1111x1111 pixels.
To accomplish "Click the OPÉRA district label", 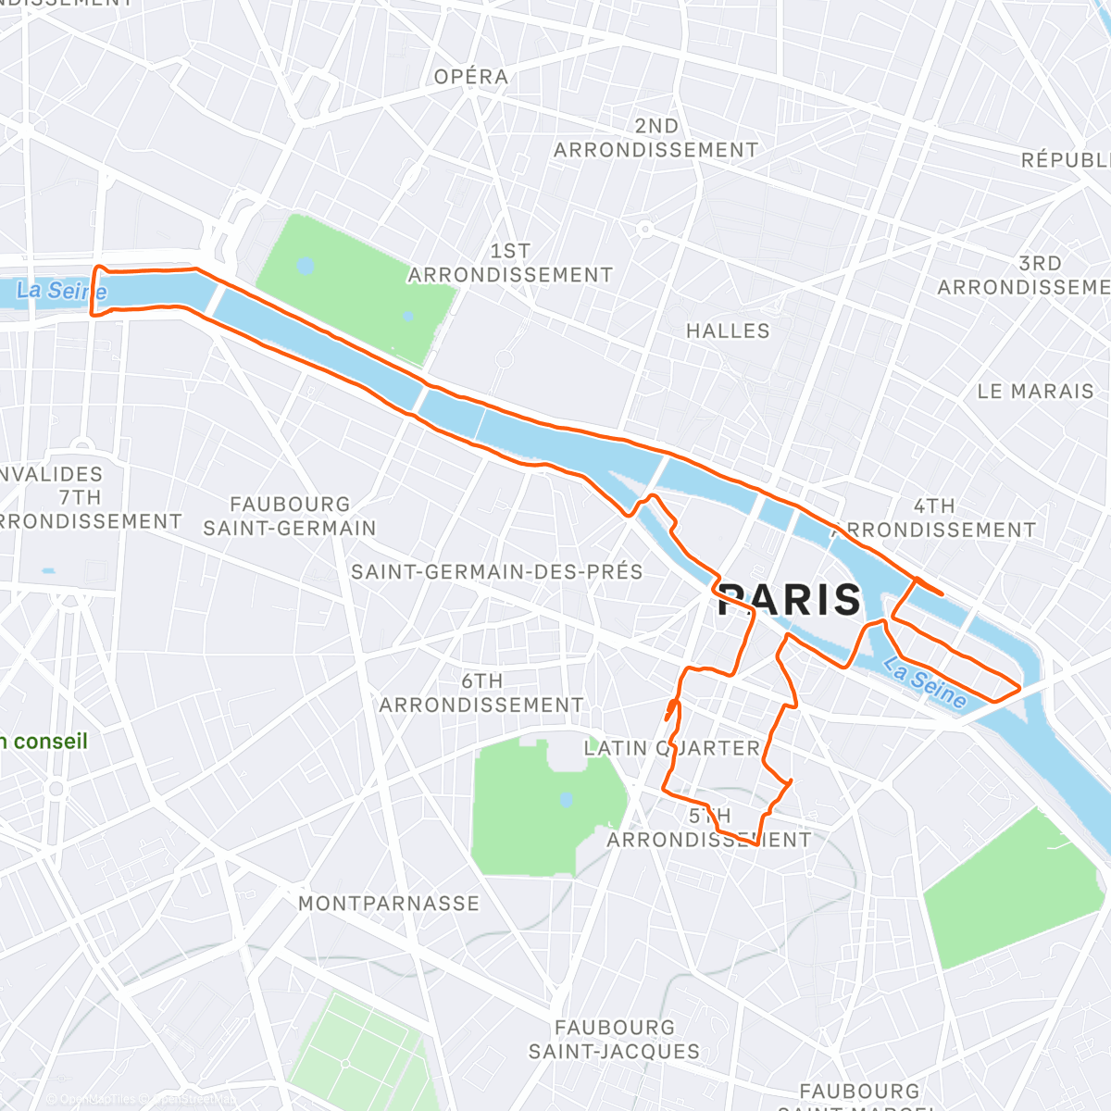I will [x=471, y=77].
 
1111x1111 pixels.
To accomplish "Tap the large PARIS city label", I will [x=790, y=600].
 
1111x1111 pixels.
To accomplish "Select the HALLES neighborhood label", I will [x=728, y=331].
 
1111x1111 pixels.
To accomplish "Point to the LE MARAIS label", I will [x=1035, y=392].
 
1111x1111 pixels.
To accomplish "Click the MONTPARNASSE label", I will [x=389, y=904].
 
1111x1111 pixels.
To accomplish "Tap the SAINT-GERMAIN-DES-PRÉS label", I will [x=496, y=572].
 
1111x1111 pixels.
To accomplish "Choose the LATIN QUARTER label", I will [x=671, y=748].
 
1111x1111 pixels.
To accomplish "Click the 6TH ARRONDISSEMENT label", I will [x=481, y=693].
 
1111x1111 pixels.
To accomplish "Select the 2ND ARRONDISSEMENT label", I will [x=656, y=138].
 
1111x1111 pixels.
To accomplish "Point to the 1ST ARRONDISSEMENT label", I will [x=510, y=263].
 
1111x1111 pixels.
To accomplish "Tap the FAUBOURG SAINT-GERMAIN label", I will [x=290, y=517].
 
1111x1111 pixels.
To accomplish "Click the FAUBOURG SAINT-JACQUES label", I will [x=614, y=1040].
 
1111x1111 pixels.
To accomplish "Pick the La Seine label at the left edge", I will [x=61, y=291].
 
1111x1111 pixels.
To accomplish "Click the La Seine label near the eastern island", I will [x=924, y=682].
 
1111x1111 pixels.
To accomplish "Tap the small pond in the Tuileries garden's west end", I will [x=306, y=267].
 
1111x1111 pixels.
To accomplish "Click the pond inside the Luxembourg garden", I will [x=566, y=799].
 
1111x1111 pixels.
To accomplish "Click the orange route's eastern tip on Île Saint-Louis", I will [x=1019, y=688].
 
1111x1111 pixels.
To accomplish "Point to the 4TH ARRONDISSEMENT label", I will [x=934, y=518].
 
